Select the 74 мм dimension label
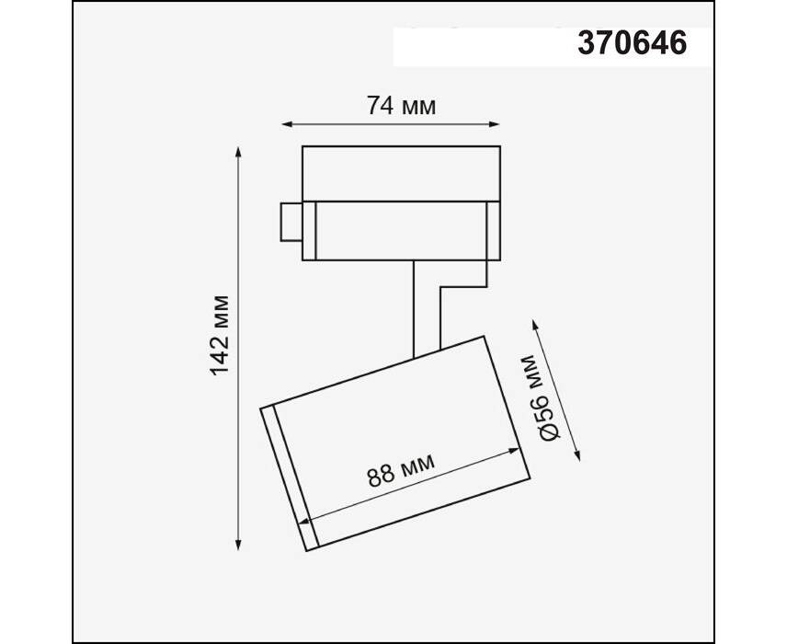[401, 106]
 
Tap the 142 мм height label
[220, 336]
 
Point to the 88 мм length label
[401, 471]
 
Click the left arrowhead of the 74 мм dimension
[287, 124]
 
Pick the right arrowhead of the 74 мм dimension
[495, 124]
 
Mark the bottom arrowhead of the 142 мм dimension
[239, 544]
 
